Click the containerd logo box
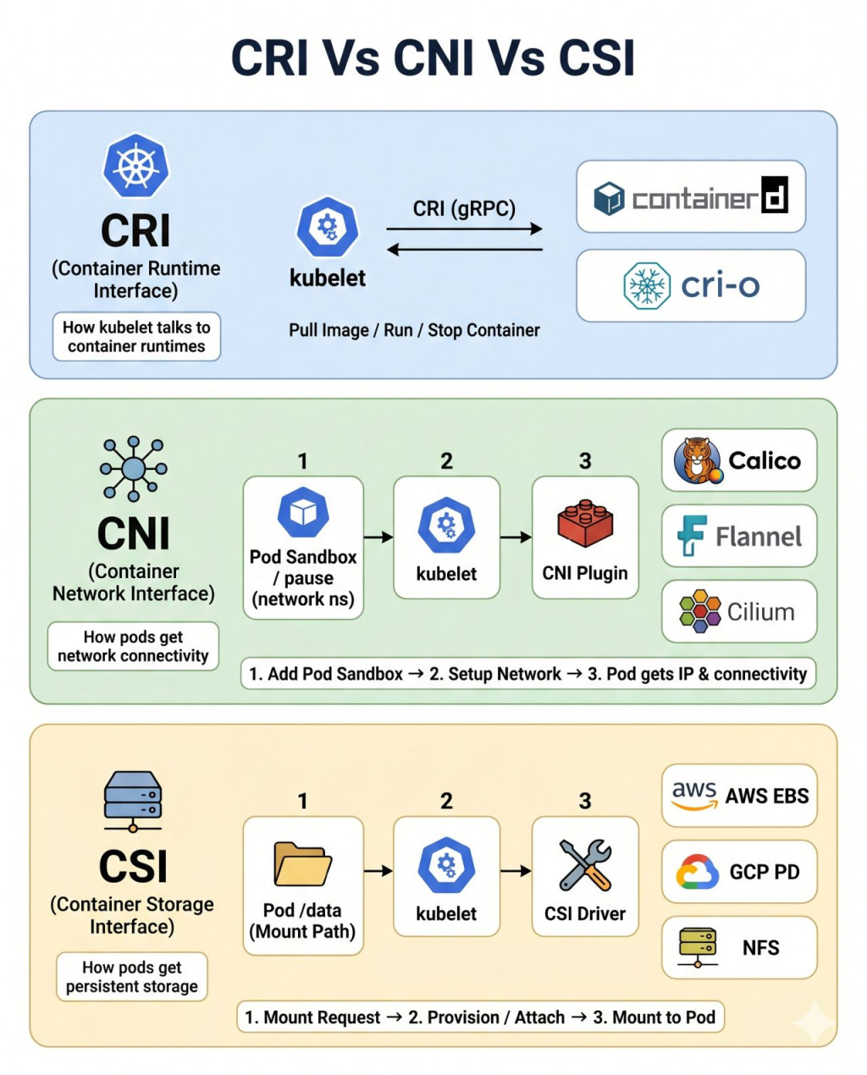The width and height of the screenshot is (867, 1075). coord(691,196)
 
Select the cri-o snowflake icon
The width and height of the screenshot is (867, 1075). coord(647,286)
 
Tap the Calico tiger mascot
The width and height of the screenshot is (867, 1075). coord(698,460)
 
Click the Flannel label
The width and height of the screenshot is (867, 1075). coord(759,537)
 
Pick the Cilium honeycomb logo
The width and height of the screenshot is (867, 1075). coord(699,611)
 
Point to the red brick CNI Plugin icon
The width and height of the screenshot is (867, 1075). coord(585,523)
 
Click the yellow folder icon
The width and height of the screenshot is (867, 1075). coord(302,864)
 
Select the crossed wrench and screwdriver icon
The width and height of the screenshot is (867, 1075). coord(585,865)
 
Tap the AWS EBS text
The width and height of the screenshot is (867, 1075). coord(766,796)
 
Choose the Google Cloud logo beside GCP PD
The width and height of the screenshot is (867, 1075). coord(697,871)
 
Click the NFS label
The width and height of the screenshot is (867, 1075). coord(760,947)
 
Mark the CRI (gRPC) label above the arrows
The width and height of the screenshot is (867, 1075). coord(464,209)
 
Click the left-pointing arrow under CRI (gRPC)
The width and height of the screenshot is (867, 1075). coord(465,249)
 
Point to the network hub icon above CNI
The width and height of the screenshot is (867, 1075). coord(134,469)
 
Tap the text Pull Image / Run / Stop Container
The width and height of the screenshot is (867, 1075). coord(414,330)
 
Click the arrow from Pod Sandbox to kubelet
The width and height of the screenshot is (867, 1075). coord(378,537)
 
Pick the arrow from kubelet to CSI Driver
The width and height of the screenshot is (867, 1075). coord(516,871)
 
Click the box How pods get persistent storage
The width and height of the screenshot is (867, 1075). coord(132,977)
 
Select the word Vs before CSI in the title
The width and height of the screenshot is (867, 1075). coord(516,58)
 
